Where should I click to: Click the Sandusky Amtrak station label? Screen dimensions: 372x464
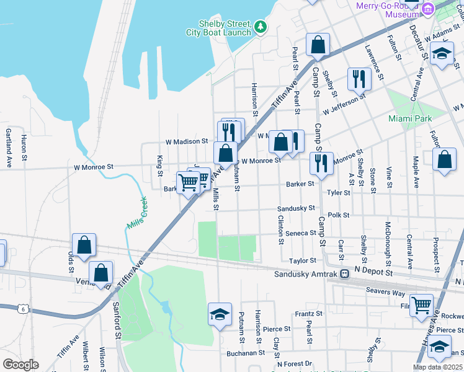[306, 274]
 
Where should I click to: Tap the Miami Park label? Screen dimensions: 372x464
[409, 118]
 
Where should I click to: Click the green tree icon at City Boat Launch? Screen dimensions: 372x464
[261, 27]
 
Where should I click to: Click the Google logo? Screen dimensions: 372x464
[20, 365]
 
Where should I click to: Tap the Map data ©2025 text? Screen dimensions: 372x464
[437, 367]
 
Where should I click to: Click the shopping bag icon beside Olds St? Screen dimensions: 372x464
[84, 244]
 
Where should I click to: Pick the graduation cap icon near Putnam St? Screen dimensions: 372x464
[220, 314]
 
